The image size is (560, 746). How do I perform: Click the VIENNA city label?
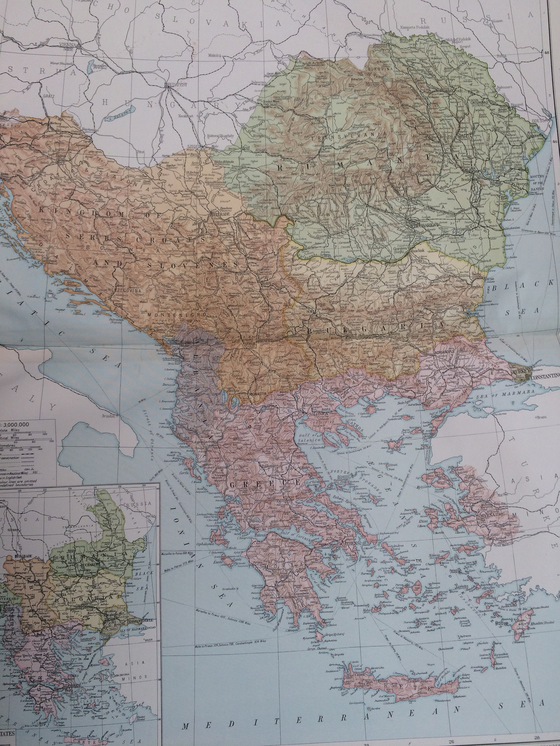67,45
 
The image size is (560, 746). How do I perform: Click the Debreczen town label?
259,82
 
